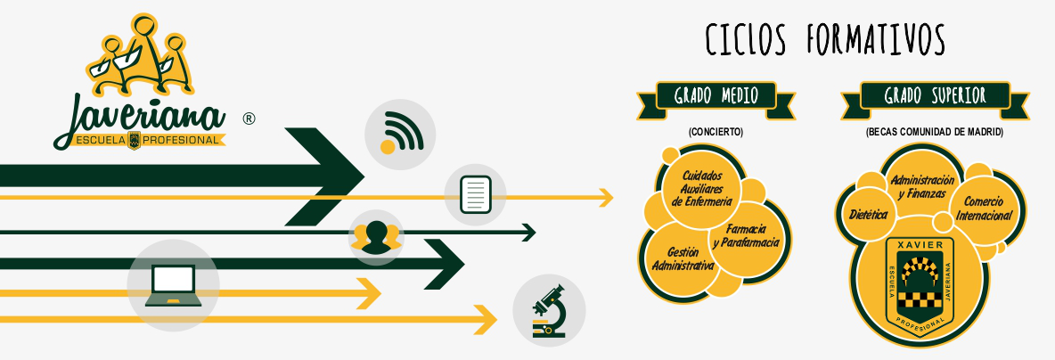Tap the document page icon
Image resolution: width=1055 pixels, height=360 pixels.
click(475, 195)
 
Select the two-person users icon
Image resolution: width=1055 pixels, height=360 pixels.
click(375, 236)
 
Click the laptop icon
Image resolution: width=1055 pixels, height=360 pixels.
click(172, 285)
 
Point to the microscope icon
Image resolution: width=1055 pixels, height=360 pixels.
click(549, 309)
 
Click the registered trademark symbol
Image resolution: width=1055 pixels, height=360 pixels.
click(249, 118)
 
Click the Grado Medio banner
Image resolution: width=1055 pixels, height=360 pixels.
click(716, 95)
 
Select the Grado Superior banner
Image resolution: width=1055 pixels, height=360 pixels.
click(934, 95)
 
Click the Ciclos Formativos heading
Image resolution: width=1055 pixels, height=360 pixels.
click(825, 40)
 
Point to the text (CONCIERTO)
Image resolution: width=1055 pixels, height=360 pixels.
click(716, 132)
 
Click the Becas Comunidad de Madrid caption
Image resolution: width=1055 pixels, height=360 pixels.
click(934, 132)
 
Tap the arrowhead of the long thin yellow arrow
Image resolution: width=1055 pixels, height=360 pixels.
click(605, 197)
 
